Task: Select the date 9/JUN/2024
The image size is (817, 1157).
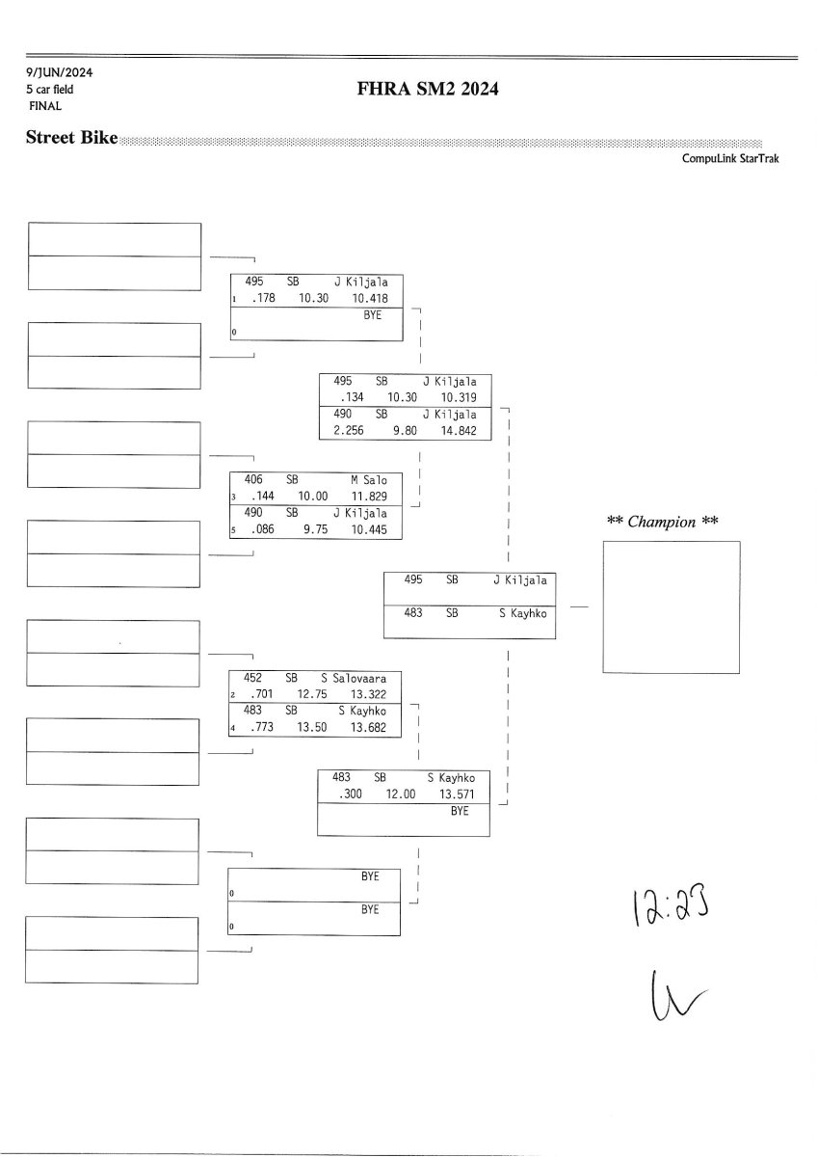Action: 60,72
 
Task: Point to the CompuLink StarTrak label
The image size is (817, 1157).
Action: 730,158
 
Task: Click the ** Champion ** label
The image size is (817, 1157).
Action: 663,523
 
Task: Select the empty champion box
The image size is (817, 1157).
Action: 671,606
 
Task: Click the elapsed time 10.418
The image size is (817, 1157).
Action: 371,299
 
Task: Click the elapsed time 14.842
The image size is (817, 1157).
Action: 459,431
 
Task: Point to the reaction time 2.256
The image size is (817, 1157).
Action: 349,431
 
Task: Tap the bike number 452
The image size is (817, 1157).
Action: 254,678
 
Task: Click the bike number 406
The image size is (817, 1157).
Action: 254,479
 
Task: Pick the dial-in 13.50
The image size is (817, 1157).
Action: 315,728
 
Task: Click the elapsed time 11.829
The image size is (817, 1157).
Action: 369,496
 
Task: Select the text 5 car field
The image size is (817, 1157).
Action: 50,90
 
